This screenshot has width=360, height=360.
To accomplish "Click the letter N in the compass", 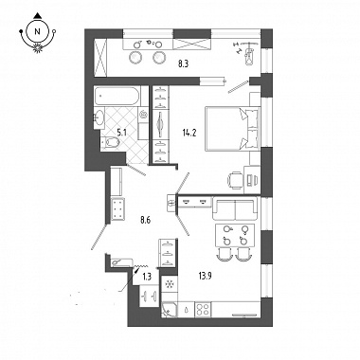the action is (38, 31).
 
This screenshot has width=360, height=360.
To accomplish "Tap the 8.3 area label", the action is (183, 64).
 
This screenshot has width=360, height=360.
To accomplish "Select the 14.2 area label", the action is (189, 133).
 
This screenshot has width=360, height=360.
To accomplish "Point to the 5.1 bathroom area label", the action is (121, 133).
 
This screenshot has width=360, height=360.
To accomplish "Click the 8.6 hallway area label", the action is (145, 220).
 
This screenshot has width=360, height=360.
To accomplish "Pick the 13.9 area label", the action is (206, 277).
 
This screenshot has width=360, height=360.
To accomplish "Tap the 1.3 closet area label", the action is (147, 278).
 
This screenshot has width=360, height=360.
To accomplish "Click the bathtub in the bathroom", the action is (117, 97).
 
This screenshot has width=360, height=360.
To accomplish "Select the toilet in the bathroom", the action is (110, 143).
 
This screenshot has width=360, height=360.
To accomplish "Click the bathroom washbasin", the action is (99, 118).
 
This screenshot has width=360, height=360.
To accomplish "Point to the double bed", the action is (233, 129).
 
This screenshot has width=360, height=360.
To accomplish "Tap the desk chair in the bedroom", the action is (235, 180).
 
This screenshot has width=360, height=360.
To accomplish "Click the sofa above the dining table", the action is (235, 208).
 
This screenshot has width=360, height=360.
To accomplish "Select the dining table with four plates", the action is (235, 235).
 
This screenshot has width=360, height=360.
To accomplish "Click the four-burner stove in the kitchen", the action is (203, 309).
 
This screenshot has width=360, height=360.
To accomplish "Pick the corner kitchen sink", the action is (169, 309).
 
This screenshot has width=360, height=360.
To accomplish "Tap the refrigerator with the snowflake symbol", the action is (170, 284).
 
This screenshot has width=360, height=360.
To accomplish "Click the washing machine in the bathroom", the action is (144, 115).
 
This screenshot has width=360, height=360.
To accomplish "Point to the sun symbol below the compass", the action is (38, 47).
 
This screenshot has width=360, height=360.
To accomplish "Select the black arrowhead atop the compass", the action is (38, 15).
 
